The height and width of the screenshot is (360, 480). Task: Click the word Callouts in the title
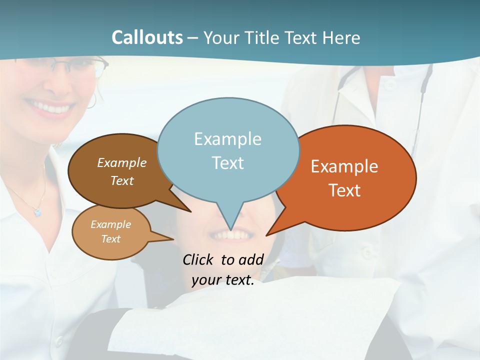pos(147,37)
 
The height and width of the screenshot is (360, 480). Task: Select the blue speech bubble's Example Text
pos(227,150)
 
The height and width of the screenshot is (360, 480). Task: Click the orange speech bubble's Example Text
pos(344,178)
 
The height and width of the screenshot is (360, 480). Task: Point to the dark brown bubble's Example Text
pos(122,171)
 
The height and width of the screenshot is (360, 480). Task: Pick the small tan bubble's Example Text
pos(110,231)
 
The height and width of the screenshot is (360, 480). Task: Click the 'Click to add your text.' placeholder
pos(223,270)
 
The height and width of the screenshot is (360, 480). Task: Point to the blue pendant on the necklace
pos(37,212)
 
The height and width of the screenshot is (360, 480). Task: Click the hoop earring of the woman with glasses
pos(91,100)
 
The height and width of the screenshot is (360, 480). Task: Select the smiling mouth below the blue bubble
pos(231,234)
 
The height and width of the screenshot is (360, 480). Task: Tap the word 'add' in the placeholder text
pos(250,259)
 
